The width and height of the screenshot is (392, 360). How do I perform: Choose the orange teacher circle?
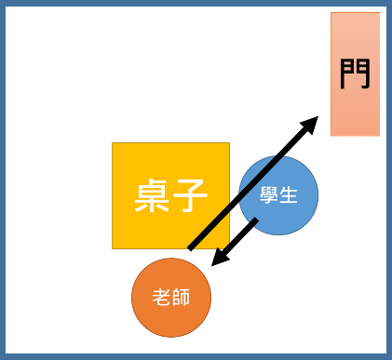[171, 298]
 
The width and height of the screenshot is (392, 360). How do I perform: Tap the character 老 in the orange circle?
[162, 298]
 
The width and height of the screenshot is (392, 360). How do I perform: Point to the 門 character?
[355, 73]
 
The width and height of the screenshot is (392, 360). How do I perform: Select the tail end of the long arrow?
[190, 248]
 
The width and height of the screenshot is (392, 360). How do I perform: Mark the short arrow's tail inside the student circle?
[256, 220]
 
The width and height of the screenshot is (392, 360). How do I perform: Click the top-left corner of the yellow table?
[113, 143]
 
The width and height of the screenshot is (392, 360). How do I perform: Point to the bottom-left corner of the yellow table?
[113, 248]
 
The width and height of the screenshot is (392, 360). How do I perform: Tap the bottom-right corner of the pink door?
[379, 135]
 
